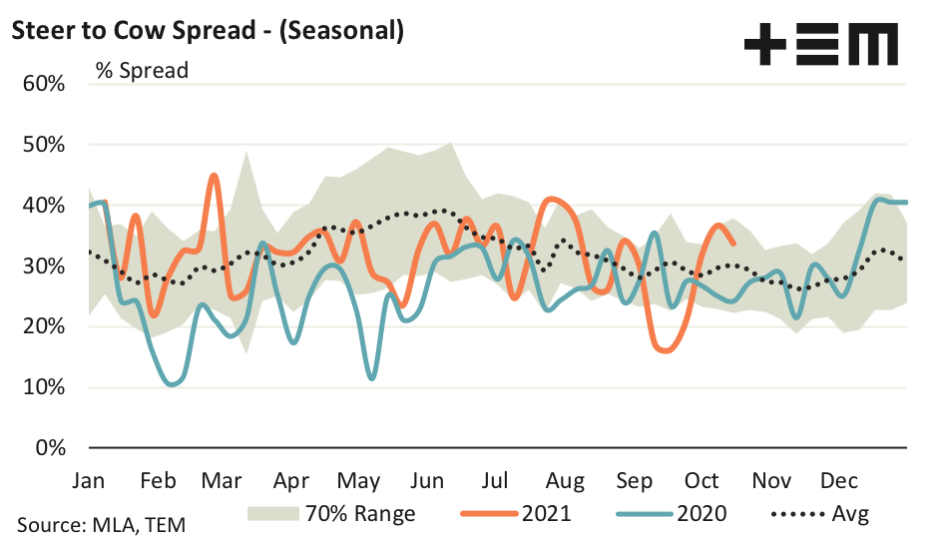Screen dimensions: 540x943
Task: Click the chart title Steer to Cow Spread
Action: point(207,31)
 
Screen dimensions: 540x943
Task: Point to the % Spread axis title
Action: point(142,71)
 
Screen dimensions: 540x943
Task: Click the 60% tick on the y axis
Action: point(44,84)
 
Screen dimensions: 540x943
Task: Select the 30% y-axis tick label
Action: point(44,267)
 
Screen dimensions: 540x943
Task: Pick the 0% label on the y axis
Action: point(50,448)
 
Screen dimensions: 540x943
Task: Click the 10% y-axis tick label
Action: point(44,387)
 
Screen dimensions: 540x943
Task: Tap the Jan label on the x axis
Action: point(89,480)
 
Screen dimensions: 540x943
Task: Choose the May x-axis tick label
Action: point(360,480)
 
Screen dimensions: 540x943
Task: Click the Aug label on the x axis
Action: point(565,480)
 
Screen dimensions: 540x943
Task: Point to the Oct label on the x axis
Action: point(703,480)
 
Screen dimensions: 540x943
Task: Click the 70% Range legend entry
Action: point(329,514)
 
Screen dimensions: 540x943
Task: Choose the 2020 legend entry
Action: point(672,514)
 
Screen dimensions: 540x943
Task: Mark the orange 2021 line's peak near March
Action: point(214,176)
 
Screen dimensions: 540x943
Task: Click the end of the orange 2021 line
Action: point(734,243)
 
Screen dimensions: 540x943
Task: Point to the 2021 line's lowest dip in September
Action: point(664,351)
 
